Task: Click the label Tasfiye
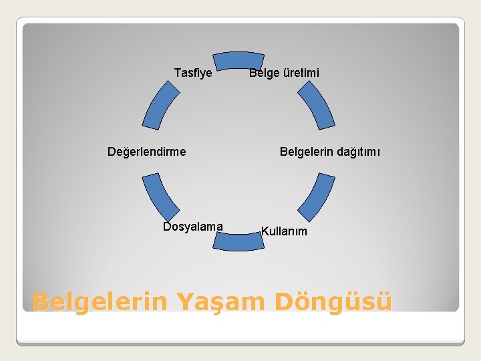tap(193, 72)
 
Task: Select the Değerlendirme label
tap(147, 152)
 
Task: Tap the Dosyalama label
tap(193, 227)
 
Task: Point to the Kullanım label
tap(284, 231)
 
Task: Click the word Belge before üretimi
tap(263, 72)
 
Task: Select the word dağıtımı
tap(358, 152)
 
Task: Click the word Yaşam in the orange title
tap(220, 302)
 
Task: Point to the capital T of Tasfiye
tap(177, 72)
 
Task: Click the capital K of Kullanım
tap(265, 231)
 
